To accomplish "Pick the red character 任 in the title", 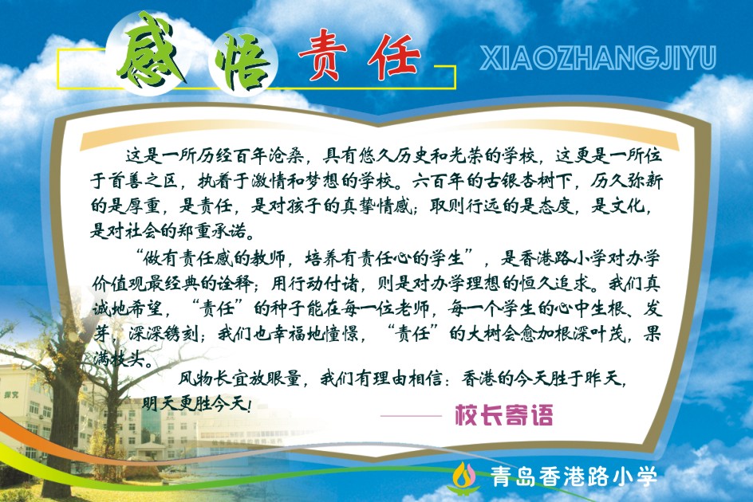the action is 394,57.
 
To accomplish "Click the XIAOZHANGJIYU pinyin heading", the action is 598,58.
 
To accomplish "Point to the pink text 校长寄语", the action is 504,414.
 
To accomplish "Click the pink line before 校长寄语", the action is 411,416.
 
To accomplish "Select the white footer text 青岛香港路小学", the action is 574,477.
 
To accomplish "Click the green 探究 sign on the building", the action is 11,395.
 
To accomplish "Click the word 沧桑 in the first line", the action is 286,155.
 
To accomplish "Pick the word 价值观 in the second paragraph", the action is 119,284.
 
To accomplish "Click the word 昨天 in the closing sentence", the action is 605,378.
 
